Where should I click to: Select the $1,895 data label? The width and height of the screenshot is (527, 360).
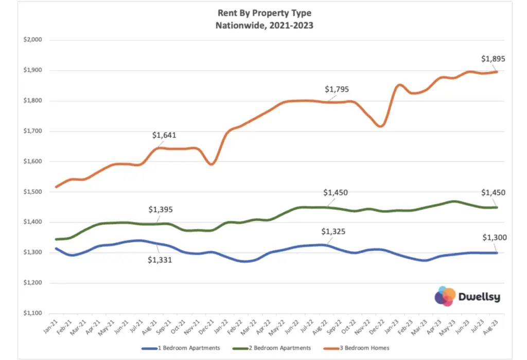[x=493, y=59]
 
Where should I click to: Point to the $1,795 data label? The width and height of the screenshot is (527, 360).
[x=337, y=89]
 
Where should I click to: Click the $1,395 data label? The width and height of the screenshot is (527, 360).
[x=161, y=210]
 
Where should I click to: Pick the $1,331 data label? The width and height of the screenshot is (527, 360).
[x=160, y=260]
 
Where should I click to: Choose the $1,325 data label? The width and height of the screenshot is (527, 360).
[x=333, y=231]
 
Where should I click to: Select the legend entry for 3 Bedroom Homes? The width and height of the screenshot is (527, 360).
[x=367, y=348]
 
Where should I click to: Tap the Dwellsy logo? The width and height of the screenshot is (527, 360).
[x=467, y=297]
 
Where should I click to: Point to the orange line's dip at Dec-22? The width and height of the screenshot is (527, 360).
[x=380, y=126]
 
